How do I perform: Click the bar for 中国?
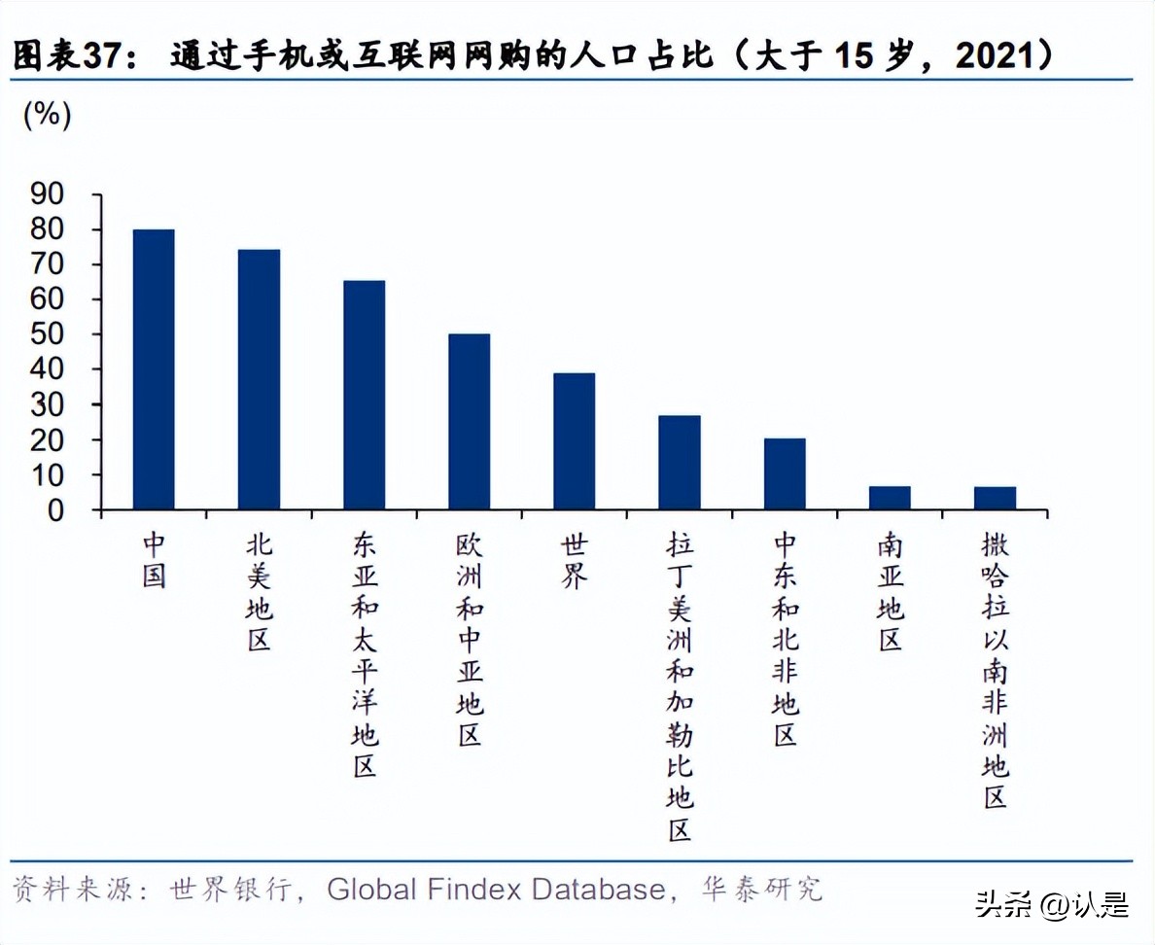(154, 369)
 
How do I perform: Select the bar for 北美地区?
(259, 379)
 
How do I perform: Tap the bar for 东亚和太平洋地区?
(364, 395)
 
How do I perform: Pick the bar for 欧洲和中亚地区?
(469, 422)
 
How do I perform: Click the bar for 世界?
(574, 441)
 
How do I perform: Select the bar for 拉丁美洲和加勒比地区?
(679, 463)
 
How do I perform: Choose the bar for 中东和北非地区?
(784, 473)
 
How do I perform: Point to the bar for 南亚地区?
(890, 498)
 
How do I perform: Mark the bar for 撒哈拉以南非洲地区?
(995, 498)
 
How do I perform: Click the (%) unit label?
(47, 115)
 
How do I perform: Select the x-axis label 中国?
(154, 560)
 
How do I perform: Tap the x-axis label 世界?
(574, 560)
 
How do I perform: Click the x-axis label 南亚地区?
(890, 591)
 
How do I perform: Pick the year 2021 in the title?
(994, 56)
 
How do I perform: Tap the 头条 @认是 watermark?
(1052, 904)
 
